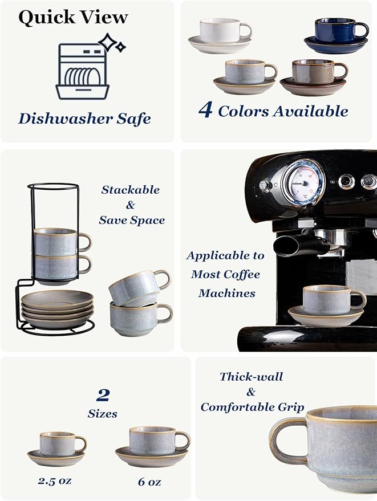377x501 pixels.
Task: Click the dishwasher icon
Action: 82,71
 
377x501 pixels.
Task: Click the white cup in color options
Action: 225,31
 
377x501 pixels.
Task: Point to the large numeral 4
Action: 205,110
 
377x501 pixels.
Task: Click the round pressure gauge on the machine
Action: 302,182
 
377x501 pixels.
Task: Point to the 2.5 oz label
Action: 55,480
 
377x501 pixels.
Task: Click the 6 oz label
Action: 149,482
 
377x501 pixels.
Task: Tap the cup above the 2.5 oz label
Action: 60,443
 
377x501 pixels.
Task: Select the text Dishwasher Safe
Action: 84,118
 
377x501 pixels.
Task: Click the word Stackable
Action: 130,190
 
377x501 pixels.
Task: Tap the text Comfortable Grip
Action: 252,408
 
